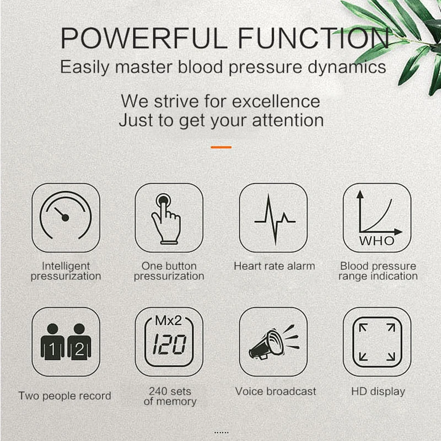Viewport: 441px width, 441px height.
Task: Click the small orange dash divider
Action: tap(221, 147)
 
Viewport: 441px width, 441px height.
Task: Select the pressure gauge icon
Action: tap(66, 217)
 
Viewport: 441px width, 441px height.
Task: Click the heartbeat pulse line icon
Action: tap(274, 217)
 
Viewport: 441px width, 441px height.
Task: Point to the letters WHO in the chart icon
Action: tap(377, 241)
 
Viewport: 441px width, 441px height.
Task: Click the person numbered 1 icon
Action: tap(52, 342)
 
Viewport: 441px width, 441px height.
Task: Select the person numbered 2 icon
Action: tap(79, 342)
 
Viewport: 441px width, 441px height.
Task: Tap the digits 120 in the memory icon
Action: tap(168, 346)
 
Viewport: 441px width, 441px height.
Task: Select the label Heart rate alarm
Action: tap(274, 266)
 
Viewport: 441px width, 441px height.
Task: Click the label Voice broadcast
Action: tap(276, 391)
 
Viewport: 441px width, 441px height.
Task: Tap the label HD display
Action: tap(378, 392)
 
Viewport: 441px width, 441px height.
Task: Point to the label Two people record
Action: tap(64, 396)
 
